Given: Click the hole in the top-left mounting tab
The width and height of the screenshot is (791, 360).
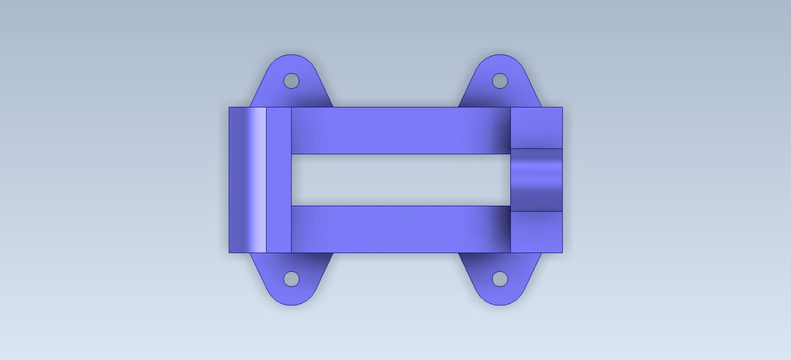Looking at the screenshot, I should [291, 81].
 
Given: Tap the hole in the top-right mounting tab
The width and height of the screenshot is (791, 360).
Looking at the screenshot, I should [499, 81].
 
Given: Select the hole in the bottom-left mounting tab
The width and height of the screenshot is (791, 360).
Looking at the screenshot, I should [291, 278].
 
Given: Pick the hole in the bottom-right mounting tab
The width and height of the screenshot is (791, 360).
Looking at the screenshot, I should [499, 278].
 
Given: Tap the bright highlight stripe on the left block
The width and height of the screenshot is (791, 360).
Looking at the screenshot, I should [259, 180].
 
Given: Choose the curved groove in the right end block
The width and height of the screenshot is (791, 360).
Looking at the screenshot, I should [536, 180].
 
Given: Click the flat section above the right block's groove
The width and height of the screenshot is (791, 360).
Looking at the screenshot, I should [536, 128].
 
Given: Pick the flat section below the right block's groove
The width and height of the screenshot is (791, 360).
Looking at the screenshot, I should [536, 231].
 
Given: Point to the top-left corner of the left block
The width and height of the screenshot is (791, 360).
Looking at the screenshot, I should [229, 108].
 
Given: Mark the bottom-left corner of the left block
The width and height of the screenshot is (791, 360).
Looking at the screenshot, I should [229, 251].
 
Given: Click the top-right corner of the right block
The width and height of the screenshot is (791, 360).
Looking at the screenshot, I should [561, 108].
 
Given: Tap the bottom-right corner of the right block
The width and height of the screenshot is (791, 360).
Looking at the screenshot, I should [561, 251].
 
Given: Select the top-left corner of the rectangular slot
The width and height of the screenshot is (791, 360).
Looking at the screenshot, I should [293, 155].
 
